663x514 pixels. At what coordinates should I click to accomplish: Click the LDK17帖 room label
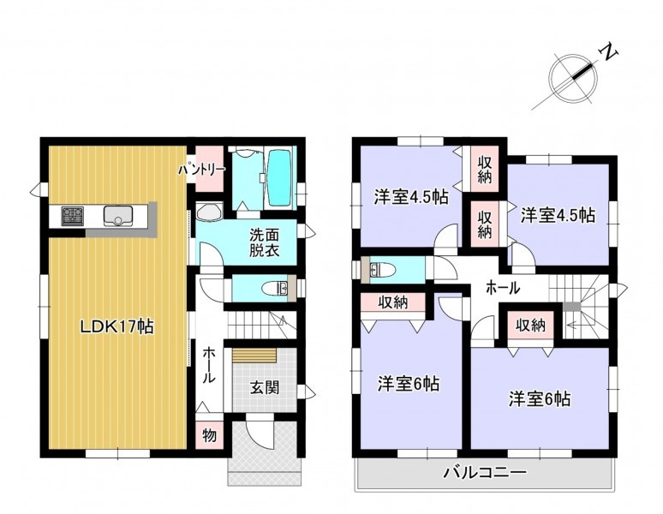[117, 326]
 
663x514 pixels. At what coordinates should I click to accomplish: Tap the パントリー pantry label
[201, 170]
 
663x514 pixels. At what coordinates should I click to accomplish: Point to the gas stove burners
[74, 215]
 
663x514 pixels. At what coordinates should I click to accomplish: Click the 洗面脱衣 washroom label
[265, 242]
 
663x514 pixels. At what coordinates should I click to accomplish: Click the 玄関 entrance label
[265, 387]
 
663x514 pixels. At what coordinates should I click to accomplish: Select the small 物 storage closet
[209, 434]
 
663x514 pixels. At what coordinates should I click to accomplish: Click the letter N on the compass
[609, 52]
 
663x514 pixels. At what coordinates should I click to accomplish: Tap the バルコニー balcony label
[485, 471]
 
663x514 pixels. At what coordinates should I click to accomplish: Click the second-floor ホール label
[502, 289]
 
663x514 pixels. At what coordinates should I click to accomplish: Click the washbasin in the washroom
[209, 212]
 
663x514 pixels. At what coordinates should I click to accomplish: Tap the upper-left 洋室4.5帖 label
[411, 197]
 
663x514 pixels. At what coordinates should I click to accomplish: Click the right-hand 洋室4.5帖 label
[558, 215]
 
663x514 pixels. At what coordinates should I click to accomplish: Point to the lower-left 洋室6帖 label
[408, 384]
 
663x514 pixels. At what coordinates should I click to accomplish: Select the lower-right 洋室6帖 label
[540, 398]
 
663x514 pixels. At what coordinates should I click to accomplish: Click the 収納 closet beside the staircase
[530, 325]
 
